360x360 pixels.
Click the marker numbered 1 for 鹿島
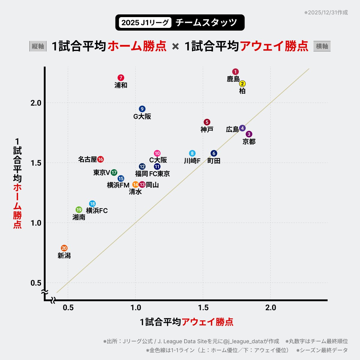pyautogui.click(x=235, y=72)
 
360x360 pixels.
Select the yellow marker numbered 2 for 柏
pyautogui.click(x=242, y=84)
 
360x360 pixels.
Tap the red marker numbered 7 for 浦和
pyautogui.click(x=121, y=78)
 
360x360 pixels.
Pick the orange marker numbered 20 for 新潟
pyautogui.click(x=64, y=248)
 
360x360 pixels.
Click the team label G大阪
pyautogui.click(x=142, y=116)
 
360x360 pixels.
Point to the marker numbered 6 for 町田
pyautogui.click(x=214, y=153)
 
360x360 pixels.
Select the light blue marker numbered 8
pyautogui.click(x=192, y=153)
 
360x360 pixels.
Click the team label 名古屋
pyautogui.click(x=87, y=159)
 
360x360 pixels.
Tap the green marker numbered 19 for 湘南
pyautogui.click(x=79, y=210)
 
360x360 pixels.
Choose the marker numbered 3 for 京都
pyautogui.click(x=249, y=134)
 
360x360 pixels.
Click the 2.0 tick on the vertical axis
pyautogui.click(x=36, y=103)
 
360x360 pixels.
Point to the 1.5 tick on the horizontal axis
pyautogui.click(x=203, y=307)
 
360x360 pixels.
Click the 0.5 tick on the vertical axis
pyautogui.click(x=36, y=283)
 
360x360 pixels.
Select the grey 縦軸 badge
pyautogui.click(x=38, y=46)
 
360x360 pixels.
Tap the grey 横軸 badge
pyautogui.click(x=322, y=46)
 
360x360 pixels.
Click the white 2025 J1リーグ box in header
pyautogui.click(x=145, y=22)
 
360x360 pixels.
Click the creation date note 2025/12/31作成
pyautogui.click(x=326, y=13)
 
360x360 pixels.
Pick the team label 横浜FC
pyautogui.click(x=97, y=211)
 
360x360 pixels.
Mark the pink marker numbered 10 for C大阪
pyautogui.click(x=157, y=153)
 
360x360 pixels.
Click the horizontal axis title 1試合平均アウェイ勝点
pyautogui.click(x=186, y=322)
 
